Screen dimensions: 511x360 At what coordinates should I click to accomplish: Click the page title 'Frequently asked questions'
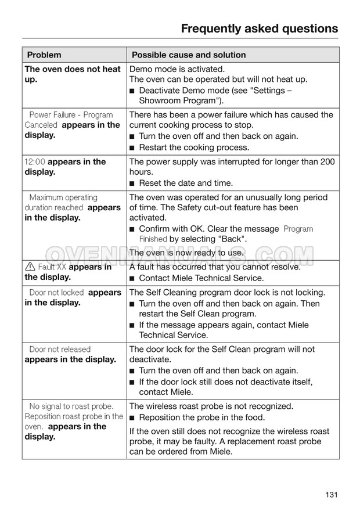point(259,28)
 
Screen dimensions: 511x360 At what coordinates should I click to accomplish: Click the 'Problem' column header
point(44,55)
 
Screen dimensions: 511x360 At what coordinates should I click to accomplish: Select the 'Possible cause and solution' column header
point(189,55)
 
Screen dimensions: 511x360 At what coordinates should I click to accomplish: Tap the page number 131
point(331,495)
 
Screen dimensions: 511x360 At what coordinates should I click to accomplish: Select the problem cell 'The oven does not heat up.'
point(73,74)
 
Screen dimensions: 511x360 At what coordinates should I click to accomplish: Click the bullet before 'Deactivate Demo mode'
point(132,91)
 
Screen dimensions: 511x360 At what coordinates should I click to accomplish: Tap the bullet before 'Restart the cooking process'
point(132,147)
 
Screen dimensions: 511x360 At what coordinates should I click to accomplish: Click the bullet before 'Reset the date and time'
point(132,183)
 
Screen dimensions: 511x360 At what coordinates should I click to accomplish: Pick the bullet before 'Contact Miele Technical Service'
point(132,278)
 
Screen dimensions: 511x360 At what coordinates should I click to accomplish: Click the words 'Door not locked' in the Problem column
point(56,293)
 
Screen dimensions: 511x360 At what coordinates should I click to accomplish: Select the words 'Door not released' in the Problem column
point(60,350)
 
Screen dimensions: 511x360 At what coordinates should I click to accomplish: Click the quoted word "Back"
point(233,239)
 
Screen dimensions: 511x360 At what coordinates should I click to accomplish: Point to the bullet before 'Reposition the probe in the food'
point(132,418)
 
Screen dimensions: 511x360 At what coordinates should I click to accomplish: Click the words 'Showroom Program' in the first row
point(174,101)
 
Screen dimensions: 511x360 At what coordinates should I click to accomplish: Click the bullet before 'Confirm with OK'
point(132,229)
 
